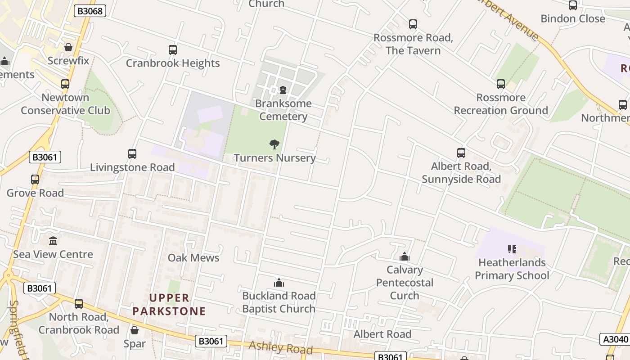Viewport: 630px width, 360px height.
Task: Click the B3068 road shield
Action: click(x=90, y=11)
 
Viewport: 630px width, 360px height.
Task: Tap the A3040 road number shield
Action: click(x=615, y=339)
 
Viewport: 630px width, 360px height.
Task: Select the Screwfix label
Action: click(x=68, y=61)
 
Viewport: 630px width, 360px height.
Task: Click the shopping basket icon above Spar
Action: click(x=134, y=330)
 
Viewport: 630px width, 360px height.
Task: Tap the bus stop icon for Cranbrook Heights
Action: click(x=173, y=50)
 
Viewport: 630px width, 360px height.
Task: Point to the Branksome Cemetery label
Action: click(x=283, y=110)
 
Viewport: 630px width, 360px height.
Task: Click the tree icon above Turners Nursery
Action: click(x=274, y=144)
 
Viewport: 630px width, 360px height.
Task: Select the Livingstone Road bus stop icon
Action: click(x=132, y=154)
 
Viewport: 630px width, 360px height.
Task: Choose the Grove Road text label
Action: click(x=35, y=193)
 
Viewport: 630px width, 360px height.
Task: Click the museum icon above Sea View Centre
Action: click(x=53, y=241)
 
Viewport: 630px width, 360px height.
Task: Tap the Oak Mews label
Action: click(x=193, y=258)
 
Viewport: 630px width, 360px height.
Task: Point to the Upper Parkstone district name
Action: click(x=169, y=305)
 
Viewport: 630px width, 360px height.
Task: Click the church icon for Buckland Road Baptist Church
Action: click(x=279, y=283)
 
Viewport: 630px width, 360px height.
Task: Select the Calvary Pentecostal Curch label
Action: click(x=405, y=283)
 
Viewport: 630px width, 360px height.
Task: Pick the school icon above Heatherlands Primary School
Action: click(x=512, y=249)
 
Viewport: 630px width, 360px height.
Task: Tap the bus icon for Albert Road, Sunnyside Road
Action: click(x=461, y=153)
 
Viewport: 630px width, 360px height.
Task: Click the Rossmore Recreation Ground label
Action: click(x=500, y=104)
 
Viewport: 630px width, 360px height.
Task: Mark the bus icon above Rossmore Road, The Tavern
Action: click(x=413, y=24)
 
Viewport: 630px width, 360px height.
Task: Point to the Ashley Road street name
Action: click(x=280, y=347)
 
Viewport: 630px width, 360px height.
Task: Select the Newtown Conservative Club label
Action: click(x=65, y=104)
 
